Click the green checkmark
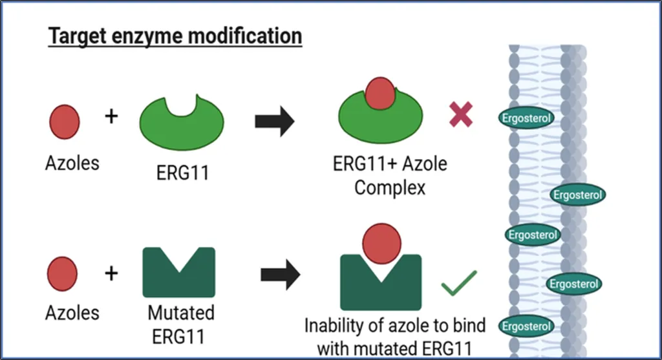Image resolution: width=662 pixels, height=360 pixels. [x=459, y=282]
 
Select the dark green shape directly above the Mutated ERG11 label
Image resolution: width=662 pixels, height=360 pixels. [x=178, y=275]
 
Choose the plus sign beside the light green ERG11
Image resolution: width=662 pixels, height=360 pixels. [x=111, y=117]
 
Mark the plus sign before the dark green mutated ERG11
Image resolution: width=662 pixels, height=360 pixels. [x=111, y=273]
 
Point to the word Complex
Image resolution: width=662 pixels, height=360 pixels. [x=390, y=188]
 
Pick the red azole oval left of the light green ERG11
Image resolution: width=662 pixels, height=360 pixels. [x=65, y=122]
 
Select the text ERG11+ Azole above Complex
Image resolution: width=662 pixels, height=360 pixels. [x=390, y=164]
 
